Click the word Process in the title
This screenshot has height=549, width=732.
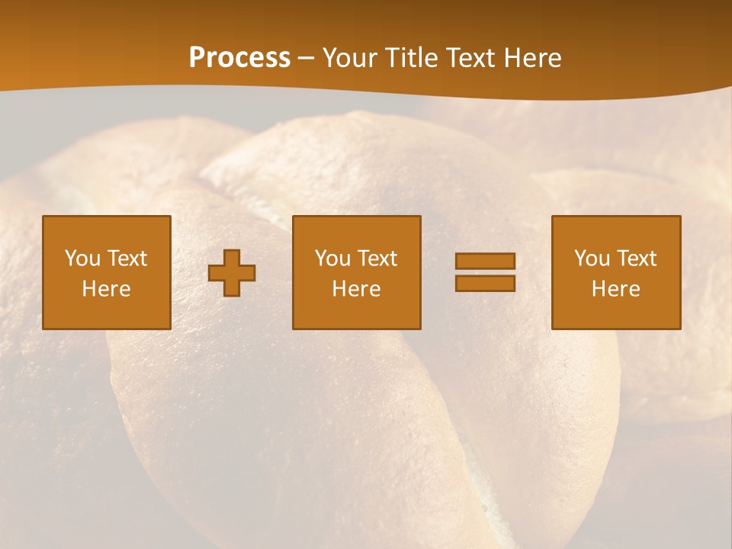click(x=239, y=58)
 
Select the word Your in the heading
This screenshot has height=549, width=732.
click(x=350, y=58)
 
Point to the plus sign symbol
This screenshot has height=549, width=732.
click(x=232, y=273)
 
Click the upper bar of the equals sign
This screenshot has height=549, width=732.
click(x=485, y=261)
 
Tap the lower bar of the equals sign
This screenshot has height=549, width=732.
click(x=485, y=283)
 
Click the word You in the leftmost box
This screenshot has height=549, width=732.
click(x=82, y=258)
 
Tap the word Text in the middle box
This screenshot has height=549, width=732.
click(x=377, y=258)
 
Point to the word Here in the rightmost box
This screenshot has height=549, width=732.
click(x=616, y=289)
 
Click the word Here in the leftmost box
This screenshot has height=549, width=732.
click(x=107, y=289)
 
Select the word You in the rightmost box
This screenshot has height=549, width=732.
click(x=592, y=258)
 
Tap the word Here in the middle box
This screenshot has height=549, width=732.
click(x=357, y=289)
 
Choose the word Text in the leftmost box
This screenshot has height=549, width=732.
click(x=127, y=258)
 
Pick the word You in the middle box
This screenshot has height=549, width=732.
click(x=332, y=258)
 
